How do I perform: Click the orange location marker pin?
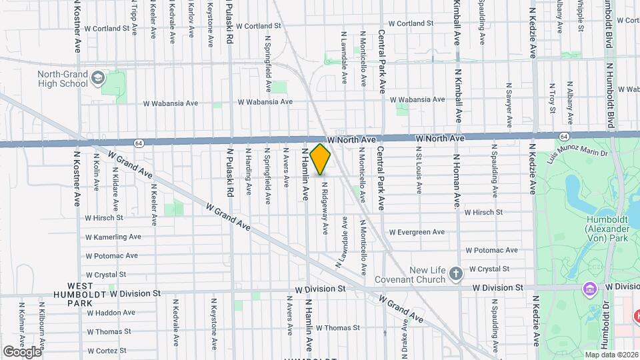320,159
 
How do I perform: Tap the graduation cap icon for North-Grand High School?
99,78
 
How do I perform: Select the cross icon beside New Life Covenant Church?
456,273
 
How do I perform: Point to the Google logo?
22,351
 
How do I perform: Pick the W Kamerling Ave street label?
113,237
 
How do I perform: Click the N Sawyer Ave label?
509,105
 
